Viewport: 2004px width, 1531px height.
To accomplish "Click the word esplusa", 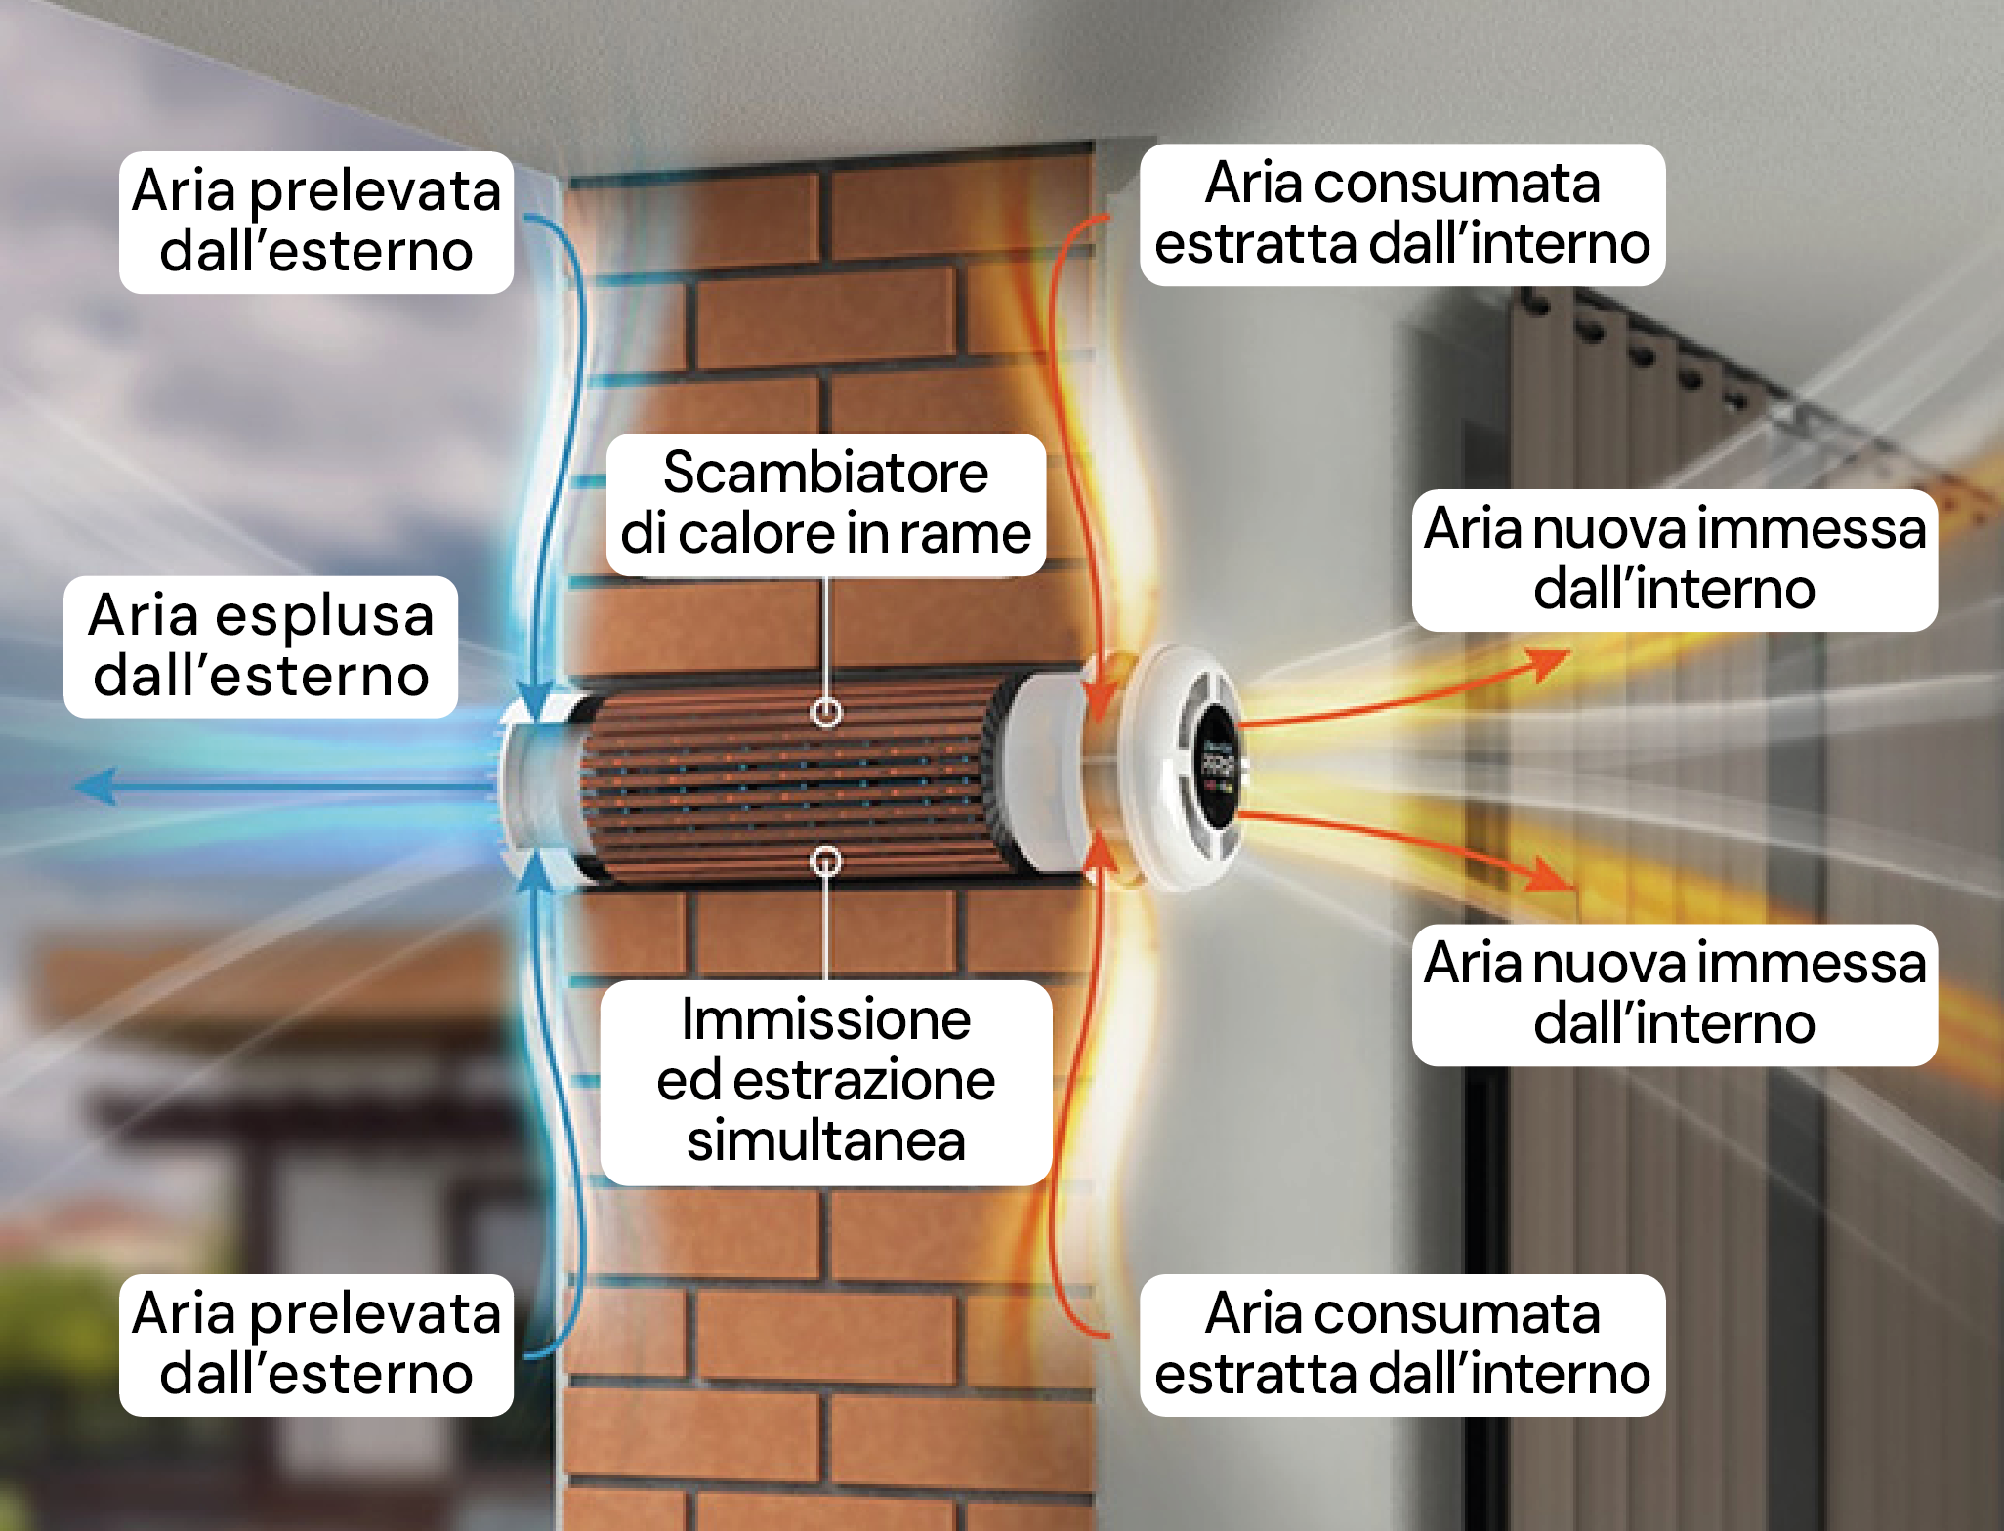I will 324,617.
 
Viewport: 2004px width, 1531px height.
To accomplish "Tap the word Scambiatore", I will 825,474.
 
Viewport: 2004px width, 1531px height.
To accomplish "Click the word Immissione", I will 825,1020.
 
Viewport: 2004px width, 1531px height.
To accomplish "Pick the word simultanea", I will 825,1140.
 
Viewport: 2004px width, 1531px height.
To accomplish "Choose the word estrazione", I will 863,1081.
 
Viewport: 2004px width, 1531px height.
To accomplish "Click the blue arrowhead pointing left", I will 98,786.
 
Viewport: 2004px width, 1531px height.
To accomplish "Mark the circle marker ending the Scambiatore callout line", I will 826,713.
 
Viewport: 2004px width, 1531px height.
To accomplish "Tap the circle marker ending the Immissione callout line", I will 826,861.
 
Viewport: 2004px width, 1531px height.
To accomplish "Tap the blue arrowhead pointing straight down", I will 533,698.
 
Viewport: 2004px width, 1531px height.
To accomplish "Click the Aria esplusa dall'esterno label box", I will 261,646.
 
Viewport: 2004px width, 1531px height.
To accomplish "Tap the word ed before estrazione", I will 689,1081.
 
